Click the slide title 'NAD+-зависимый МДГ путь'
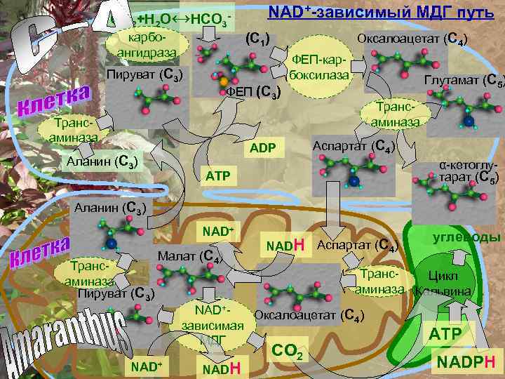382,13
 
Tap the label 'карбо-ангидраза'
147,43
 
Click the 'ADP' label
263,147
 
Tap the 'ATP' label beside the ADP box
218,174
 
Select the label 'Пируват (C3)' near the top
144,74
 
